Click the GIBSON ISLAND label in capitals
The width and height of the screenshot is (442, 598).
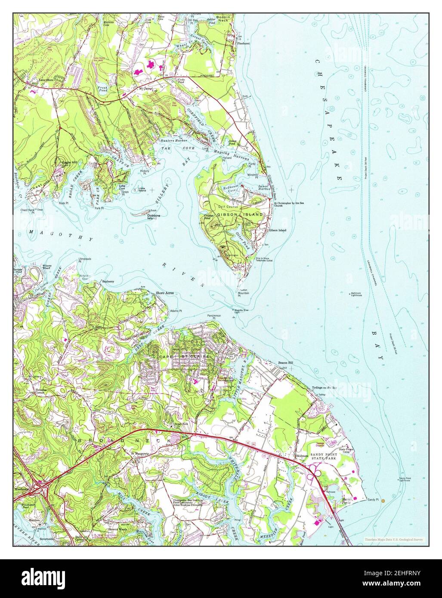[x=234, y=214]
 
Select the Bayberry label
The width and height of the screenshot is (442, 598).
[x=108, y=281]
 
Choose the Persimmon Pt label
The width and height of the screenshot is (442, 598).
[x=214, y=317]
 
